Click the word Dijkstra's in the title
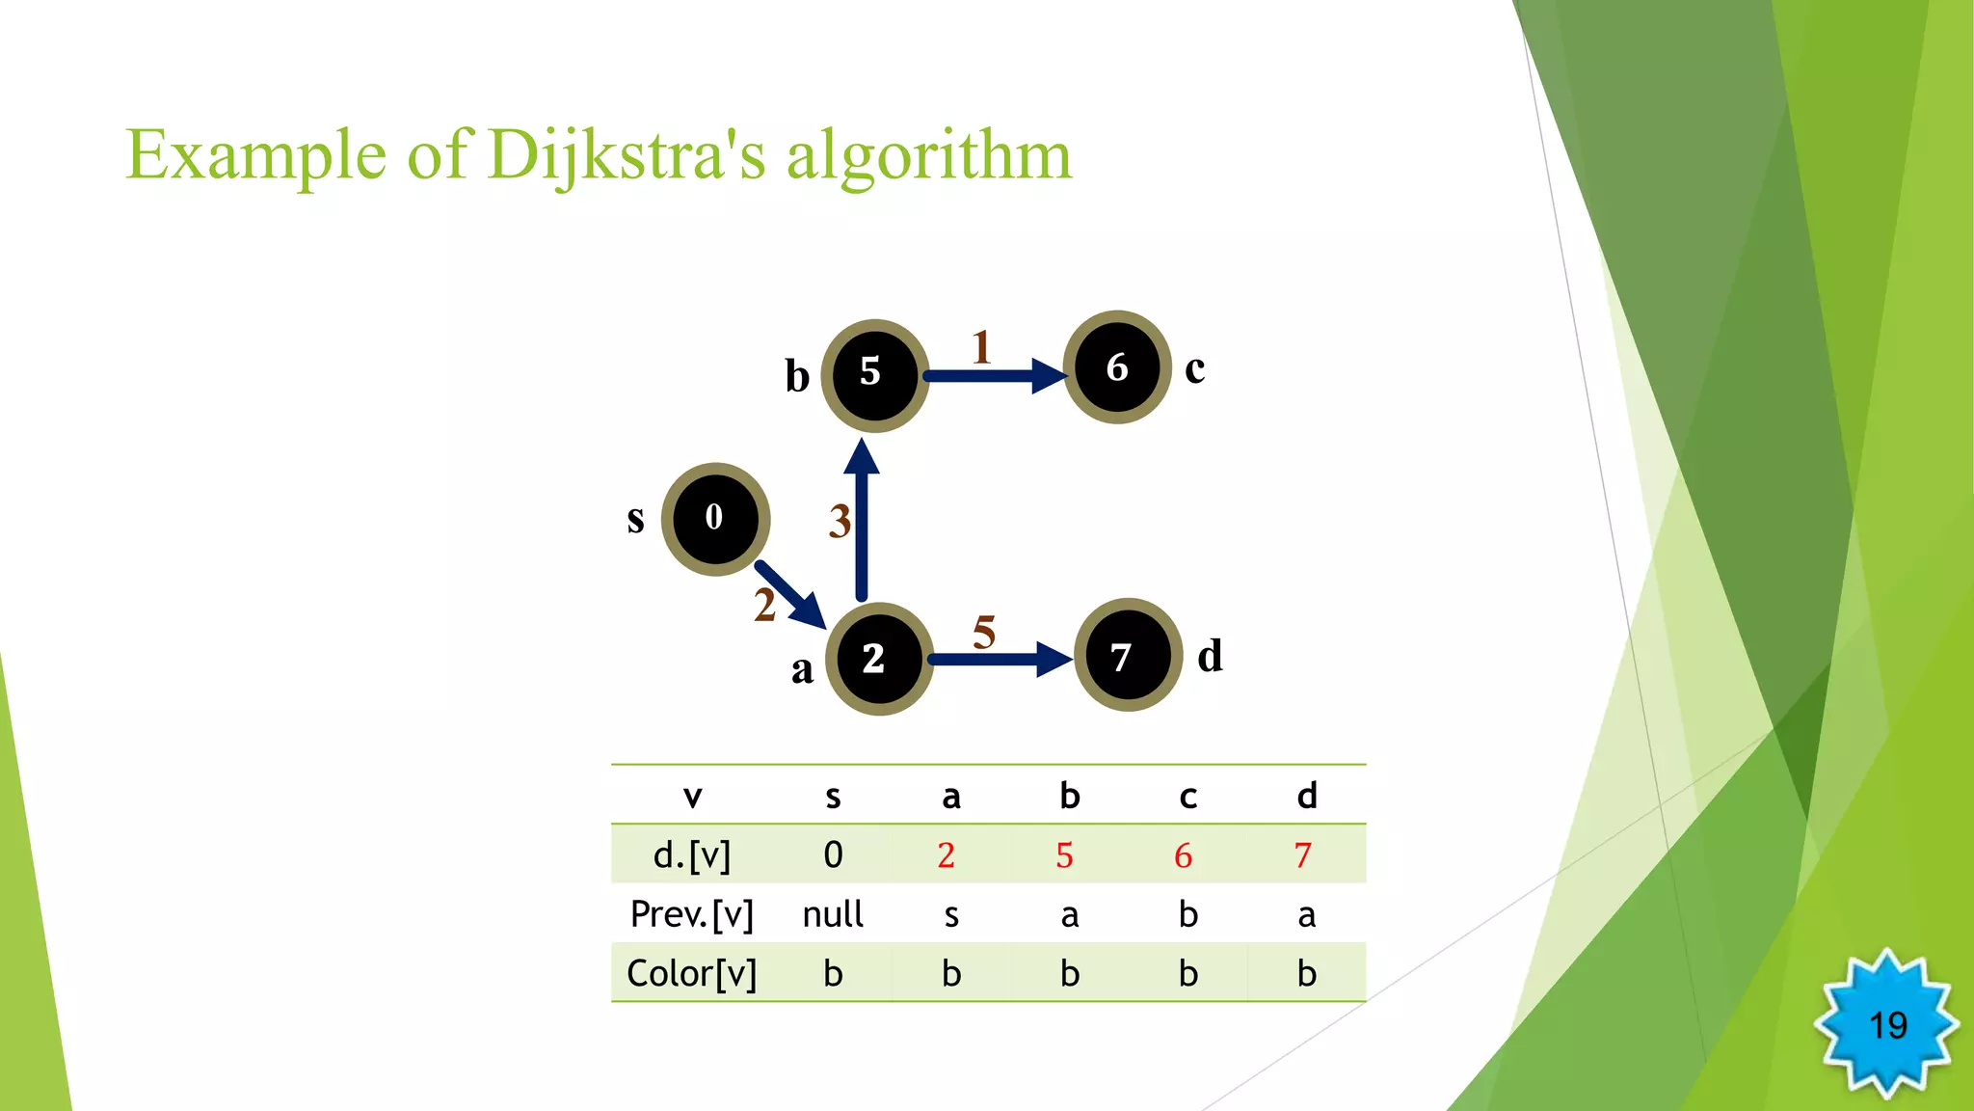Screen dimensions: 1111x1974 click(627, 154)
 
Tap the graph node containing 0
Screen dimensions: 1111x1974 click(715, 519)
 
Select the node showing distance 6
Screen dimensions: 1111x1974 click(1117, 367)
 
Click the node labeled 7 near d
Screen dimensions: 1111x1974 click(1127, 656)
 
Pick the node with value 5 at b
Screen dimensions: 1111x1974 click(874, 374)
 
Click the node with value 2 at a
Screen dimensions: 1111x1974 click(878, 659)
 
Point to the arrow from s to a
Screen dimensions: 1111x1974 click(789, 594)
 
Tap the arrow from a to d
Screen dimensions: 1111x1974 click(999, 660)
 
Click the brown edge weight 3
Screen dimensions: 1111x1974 click(840, 522)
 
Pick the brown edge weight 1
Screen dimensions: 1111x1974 click(981, 347)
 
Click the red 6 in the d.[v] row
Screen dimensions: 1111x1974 click(1184, 855)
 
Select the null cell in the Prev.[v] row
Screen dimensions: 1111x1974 click(833, 914)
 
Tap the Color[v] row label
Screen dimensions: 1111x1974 click(691, 973)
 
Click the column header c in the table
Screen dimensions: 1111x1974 click(1187, 797)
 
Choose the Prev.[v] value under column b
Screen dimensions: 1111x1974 click(1069, 914)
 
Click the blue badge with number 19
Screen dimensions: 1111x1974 click(1886, 1024)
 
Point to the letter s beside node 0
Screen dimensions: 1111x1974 click(635, 519)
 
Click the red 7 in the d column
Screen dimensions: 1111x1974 click(1303, 855)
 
